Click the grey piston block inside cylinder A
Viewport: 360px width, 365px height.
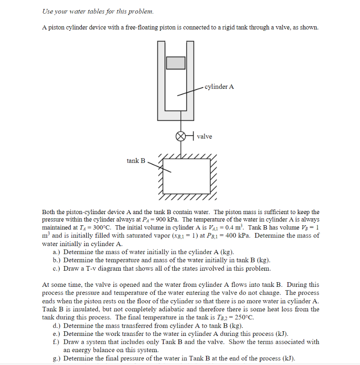click(176, 62)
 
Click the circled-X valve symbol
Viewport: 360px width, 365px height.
click(180, 136)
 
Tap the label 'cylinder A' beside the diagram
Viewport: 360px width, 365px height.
click(219, 87)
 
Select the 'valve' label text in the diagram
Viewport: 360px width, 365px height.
click(204, 136)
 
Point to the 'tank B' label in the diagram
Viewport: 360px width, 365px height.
click(136, 160)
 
